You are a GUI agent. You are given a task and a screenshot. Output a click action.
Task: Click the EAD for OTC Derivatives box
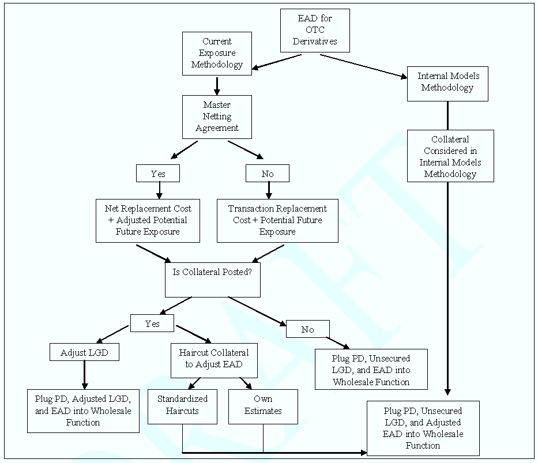pos(315,30)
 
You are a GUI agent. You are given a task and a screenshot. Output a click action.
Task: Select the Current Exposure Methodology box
pos(217,53)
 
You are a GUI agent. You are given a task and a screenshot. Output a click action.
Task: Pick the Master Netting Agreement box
pos(217,116)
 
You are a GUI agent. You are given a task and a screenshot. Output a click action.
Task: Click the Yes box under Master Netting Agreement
pos(158,173)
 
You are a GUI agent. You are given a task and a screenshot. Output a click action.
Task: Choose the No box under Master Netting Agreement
pos(268,173)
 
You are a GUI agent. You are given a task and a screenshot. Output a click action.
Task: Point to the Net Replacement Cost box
pos(148,220)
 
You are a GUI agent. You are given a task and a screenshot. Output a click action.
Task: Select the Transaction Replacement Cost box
pos(277,220)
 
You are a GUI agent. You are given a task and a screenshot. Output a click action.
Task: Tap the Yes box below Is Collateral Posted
pos(152,323)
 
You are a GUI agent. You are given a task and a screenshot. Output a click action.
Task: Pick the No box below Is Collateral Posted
pos(308,329)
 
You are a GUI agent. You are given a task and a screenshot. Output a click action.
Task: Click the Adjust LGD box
pos(84,352)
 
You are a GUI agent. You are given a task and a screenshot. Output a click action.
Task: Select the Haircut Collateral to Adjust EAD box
pos(214,358)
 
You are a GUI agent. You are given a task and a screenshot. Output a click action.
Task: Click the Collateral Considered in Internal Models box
pos(450,156)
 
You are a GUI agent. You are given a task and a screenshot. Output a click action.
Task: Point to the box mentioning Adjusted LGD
pos(83,411)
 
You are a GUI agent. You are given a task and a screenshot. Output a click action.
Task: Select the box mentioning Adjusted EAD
pos(423,428)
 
